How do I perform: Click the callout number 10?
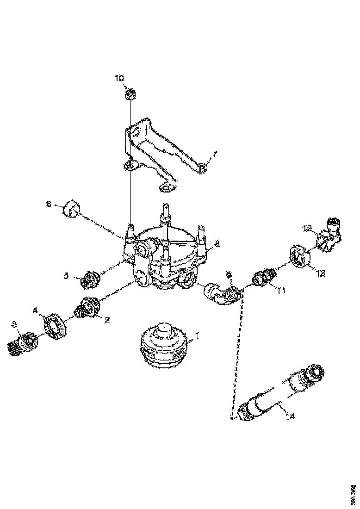click(119, 78)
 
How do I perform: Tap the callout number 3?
click(14, 324)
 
